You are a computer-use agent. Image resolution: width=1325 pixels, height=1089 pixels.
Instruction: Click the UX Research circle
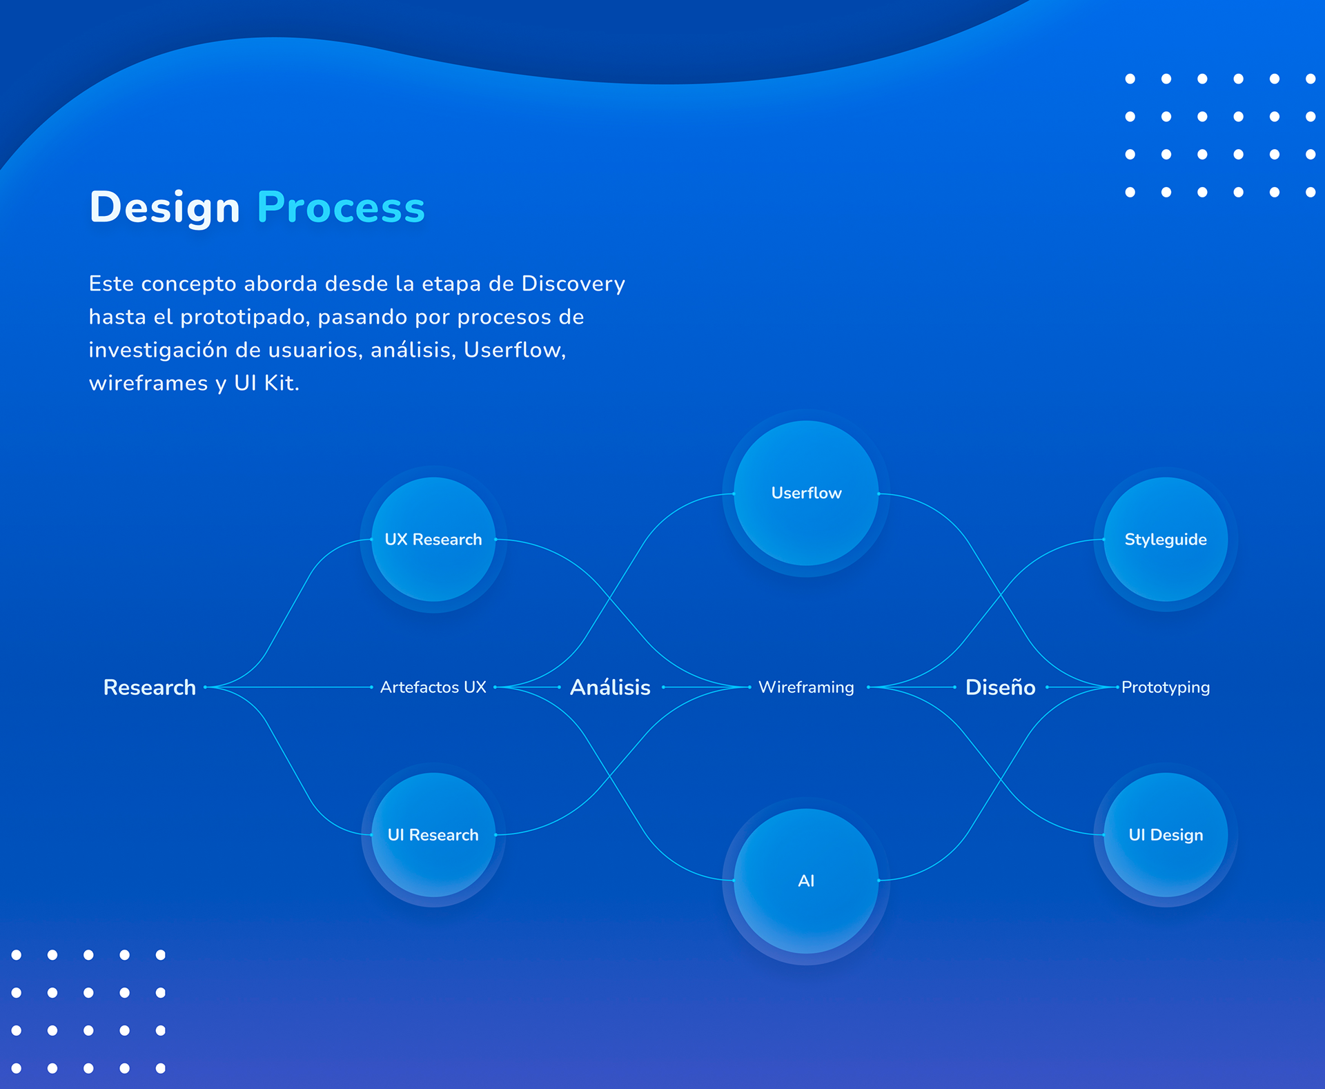point(433,539)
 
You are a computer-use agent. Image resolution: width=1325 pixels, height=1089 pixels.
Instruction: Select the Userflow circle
point(806,493)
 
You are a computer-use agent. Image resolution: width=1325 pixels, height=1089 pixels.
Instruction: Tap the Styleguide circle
point(1166,539)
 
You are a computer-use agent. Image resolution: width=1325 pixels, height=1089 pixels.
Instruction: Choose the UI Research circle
point(433,834)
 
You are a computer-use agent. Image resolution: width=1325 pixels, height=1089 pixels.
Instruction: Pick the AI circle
point(806,881)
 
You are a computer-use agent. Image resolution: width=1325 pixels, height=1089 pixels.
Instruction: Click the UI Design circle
point(1166,834)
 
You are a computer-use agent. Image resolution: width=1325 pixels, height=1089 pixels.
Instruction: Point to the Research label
point(150,687)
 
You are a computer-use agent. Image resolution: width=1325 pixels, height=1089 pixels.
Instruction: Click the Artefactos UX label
point(433,687)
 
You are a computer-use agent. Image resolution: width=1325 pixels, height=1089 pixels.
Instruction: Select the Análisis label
point(610,687)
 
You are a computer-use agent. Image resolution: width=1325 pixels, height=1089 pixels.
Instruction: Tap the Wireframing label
point(806,687)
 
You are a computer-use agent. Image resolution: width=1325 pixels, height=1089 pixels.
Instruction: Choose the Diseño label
point(1000,687)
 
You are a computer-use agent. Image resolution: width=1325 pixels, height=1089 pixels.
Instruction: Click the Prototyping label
point(1166,687)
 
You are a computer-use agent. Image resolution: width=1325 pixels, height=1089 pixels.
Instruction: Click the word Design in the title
point(165,207)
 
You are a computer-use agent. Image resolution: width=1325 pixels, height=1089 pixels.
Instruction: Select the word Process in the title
point(341,207)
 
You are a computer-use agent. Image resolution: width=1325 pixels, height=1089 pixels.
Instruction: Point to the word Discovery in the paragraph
point(573,284)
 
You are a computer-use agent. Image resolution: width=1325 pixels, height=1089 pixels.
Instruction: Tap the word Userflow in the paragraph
point(515,350)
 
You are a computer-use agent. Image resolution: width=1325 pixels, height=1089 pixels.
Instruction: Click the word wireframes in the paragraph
point(148,383)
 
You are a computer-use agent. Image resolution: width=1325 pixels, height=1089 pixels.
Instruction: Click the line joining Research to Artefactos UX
point(288,687)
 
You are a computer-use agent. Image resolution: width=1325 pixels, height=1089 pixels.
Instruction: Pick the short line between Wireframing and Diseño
point(912,687)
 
